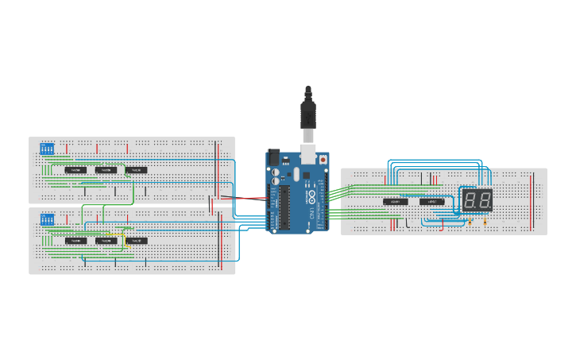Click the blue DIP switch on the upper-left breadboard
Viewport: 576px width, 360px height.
click(47, 148)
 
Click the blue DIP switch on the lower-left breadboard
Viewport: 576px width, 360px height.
click(47, 219)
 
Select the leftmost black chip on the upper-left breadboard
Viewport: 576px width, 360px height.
click(75, 170)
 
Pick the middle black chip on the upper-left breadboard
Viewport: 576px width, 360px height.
click(106, 170)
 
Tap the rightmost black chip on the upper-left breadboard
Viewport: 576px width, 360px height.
click(136, 170)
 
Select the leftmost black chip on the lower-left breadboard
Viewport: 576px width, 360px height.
click(75, 241)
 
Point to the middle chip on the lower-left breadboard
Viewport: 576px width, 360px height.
click(106, 241)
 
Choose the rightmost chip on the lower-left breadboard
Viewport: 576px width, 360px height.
click(136, 241)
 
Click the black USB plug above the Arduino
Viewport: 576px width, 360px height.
click(308, 114)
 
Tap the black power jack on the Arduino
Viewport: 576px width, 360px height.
click(274, 157)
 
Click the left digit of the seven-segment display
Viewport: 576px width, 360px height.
click(470, 200)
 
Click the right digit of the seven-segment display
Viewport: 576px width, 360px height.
click(484, 200)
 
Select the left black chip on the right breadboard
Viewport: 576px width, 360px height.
click(396, 202)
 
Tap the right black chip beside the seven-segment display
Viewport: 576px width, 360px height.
click(432, 202)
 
